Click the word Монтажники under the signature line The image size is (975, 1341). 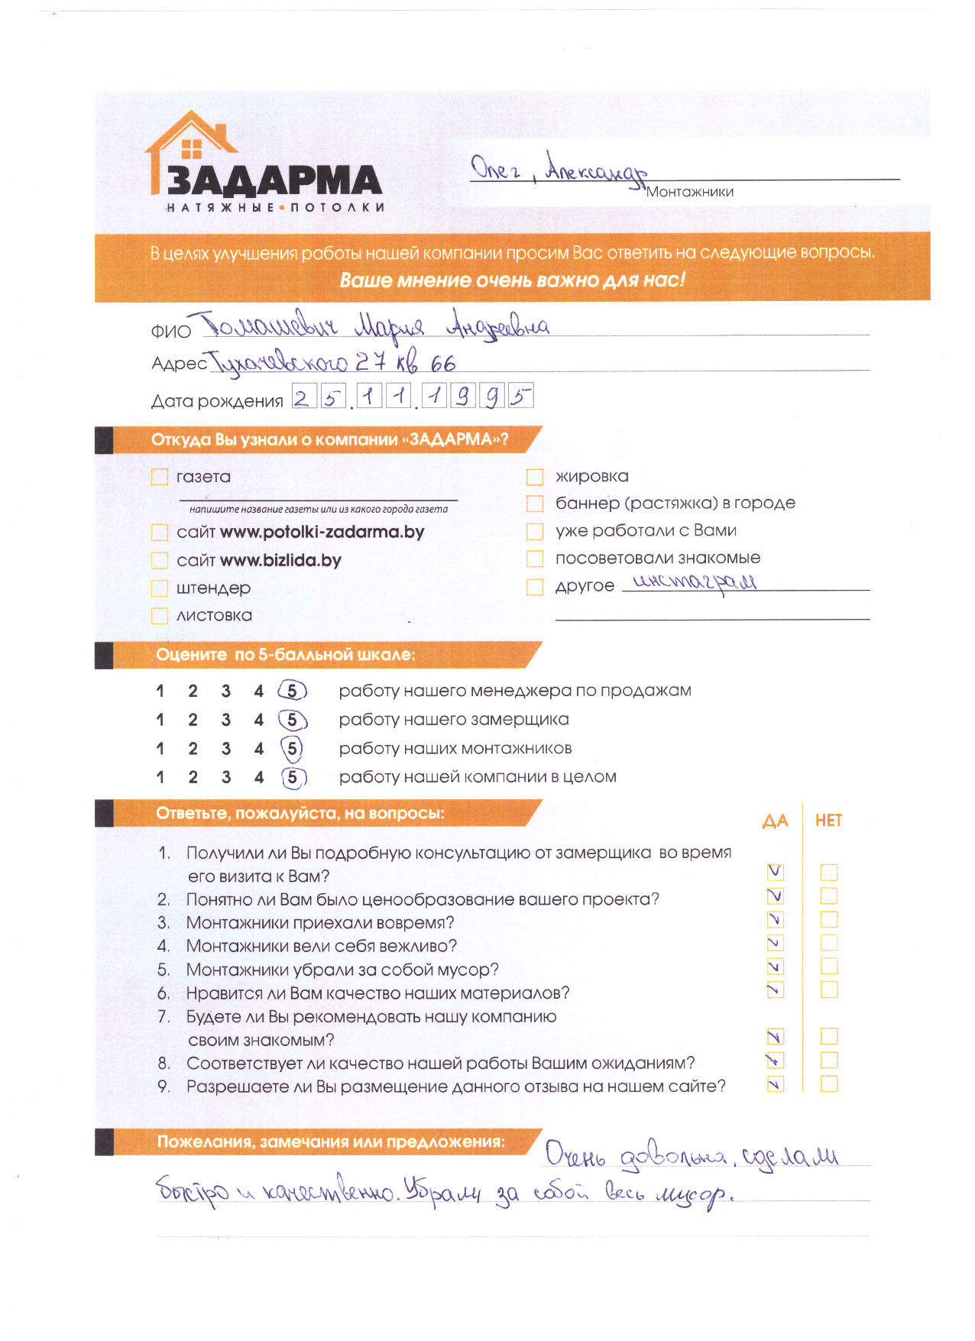[689, 192]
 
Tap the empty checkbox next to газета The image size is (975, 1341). [160, 478]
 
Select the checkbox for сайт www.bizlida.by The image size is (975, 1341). [160, 561]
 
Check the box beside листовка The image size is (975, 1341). [160, 616]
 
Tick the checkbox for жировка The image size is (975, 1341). [535, 478]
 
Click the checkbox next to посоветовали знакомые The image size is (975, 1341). [535, 559]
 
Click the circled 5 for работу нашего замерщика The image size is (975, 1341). [292, 720]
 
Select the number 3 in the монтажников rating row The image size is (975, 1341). [226, 749]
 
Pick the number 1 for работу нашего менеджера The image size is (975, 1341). [160, 692]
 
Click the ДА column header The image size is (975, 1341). [775, 821]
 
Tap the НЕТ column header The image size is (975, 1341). [828, 821]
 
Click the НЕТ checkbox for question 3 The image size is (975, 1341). [829, 919]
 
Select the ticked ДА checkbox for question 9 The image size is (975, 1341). [775, 1083]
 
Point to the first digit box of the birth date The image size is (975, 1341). [303, 397]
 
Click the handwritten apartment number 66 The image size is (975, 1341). [443, 364]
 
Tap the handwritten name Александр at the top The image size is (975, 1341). [596, 168]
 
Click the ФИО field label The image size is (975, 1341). [170, 332]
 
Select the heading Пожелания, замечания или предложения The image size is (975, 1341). [330, 1142]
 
